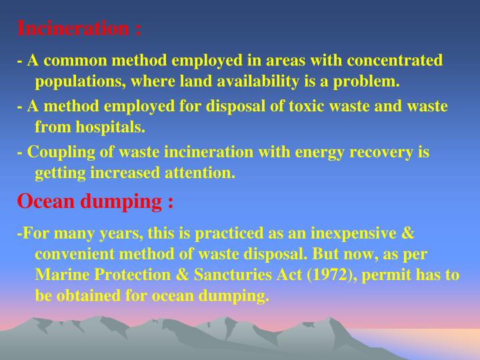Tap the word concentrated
pos(393,61)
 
